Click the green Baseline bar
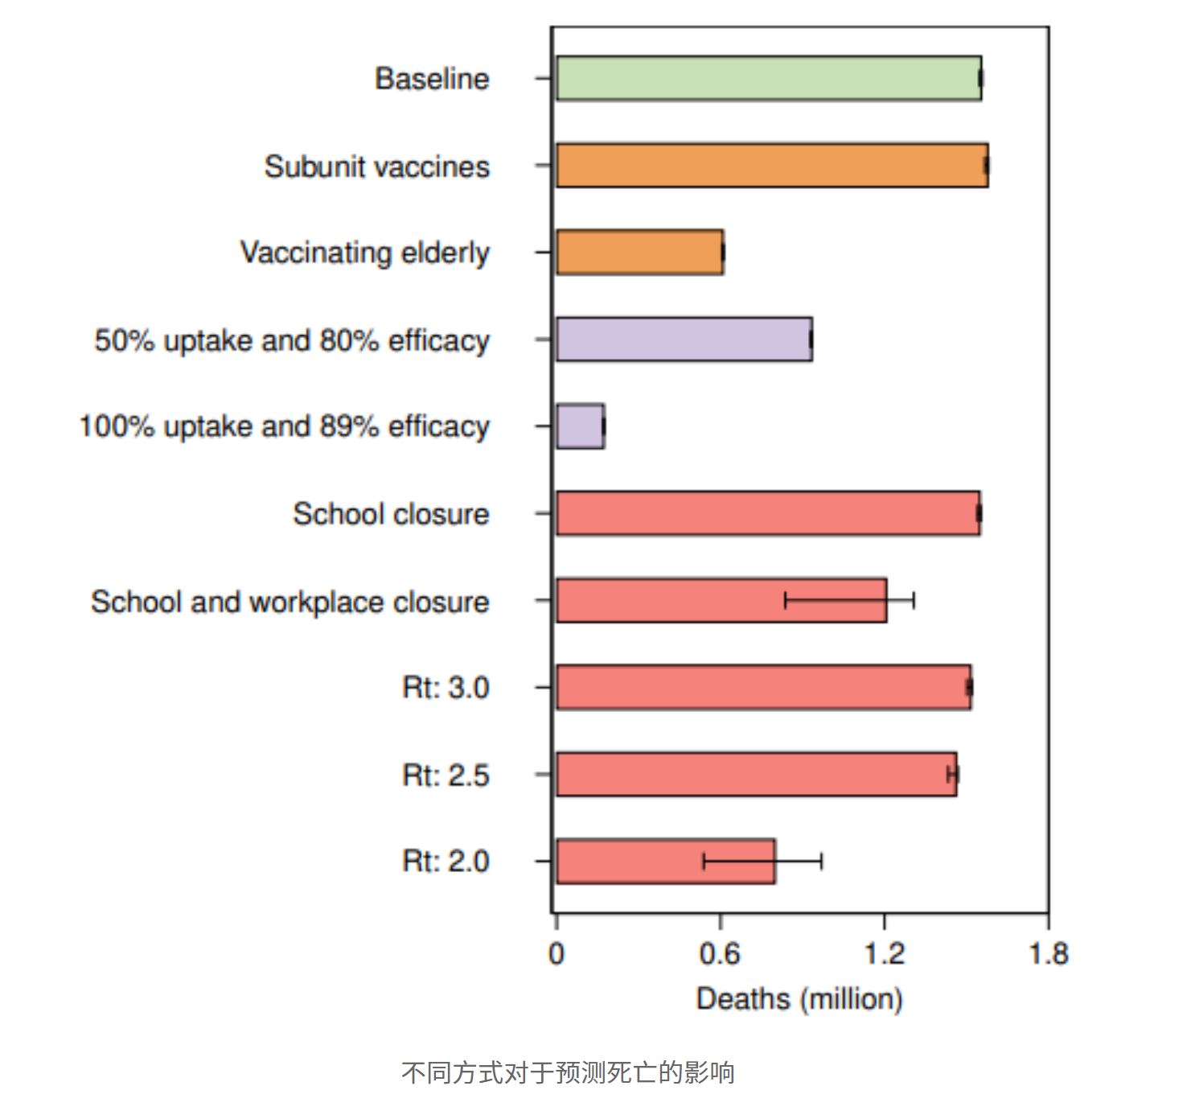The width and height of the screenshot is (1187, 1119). (x=768, y=78)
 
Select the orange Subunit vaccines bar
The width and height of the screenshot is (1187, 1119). (x=771, y=166)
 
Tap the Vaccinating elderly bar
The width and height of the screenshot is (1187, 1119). (x=639, y=253)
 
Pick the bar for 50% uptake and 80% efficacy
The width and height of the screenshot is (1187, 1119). (x=684, y=339)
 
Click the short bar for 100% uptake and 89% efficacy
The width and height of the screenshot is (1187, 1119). (x=580, y=426)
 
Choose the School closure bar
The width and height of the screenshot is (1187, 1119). (x=767, y=513)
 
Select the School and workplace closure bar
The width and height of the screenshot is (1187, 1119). (x=667, y=600)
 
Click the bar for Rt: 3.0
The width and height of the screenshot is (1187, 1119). (x=763, y=687)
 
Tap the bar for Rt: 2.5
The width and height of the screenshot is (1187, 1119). (x=756, y=774)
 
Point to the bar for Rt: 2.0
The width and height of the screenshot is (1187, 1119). (x=627, y=862)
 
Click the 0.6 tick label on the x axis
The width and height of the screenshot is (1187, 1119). (x=720, y=954)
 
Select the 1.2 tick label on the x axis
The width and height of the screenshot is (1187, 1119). (x=884, y=954)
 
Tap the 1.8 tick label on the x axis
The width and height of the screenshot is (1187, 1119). (x=1048, y=954)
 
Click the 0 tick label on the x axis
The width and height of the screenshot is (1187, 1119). (x=556, y=954)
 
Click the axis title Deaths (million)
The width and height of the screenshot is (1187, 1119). (x=799, y=999)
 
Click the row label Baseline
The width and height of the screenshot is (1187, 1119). (x=432, y=79)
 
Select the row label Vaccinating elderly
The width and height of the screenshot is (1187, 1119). (x=364, y=253)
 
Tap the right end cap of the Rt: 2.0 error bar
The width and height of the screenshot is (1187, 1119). (x=821, y=862)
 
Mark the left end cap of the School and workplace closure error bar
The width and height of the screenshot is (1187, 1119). (x=785, y=600)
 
